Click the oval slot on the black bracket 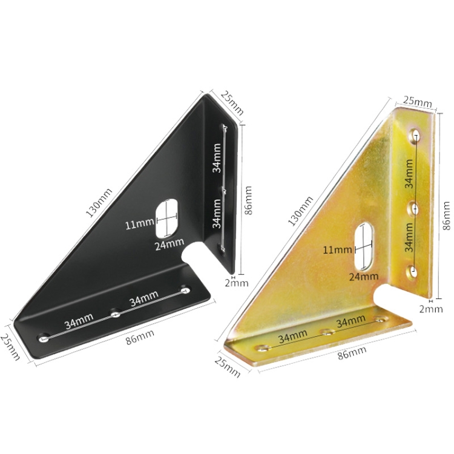[x=167, y=217]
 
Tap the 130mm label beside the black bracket [x=99, y=202]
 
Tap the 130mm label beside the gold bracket [x=300, y=211]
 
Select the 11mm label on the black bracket [x=139, y=224]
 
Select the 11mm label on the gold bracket [x=337, y=249]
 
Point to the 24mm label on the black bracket [x=169, y=244]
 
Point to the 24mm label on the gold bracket [x=364, y=277]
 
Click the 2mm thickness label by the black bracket [x=237, y=283]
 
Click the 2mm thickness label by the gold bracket [x=431, y=309]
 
